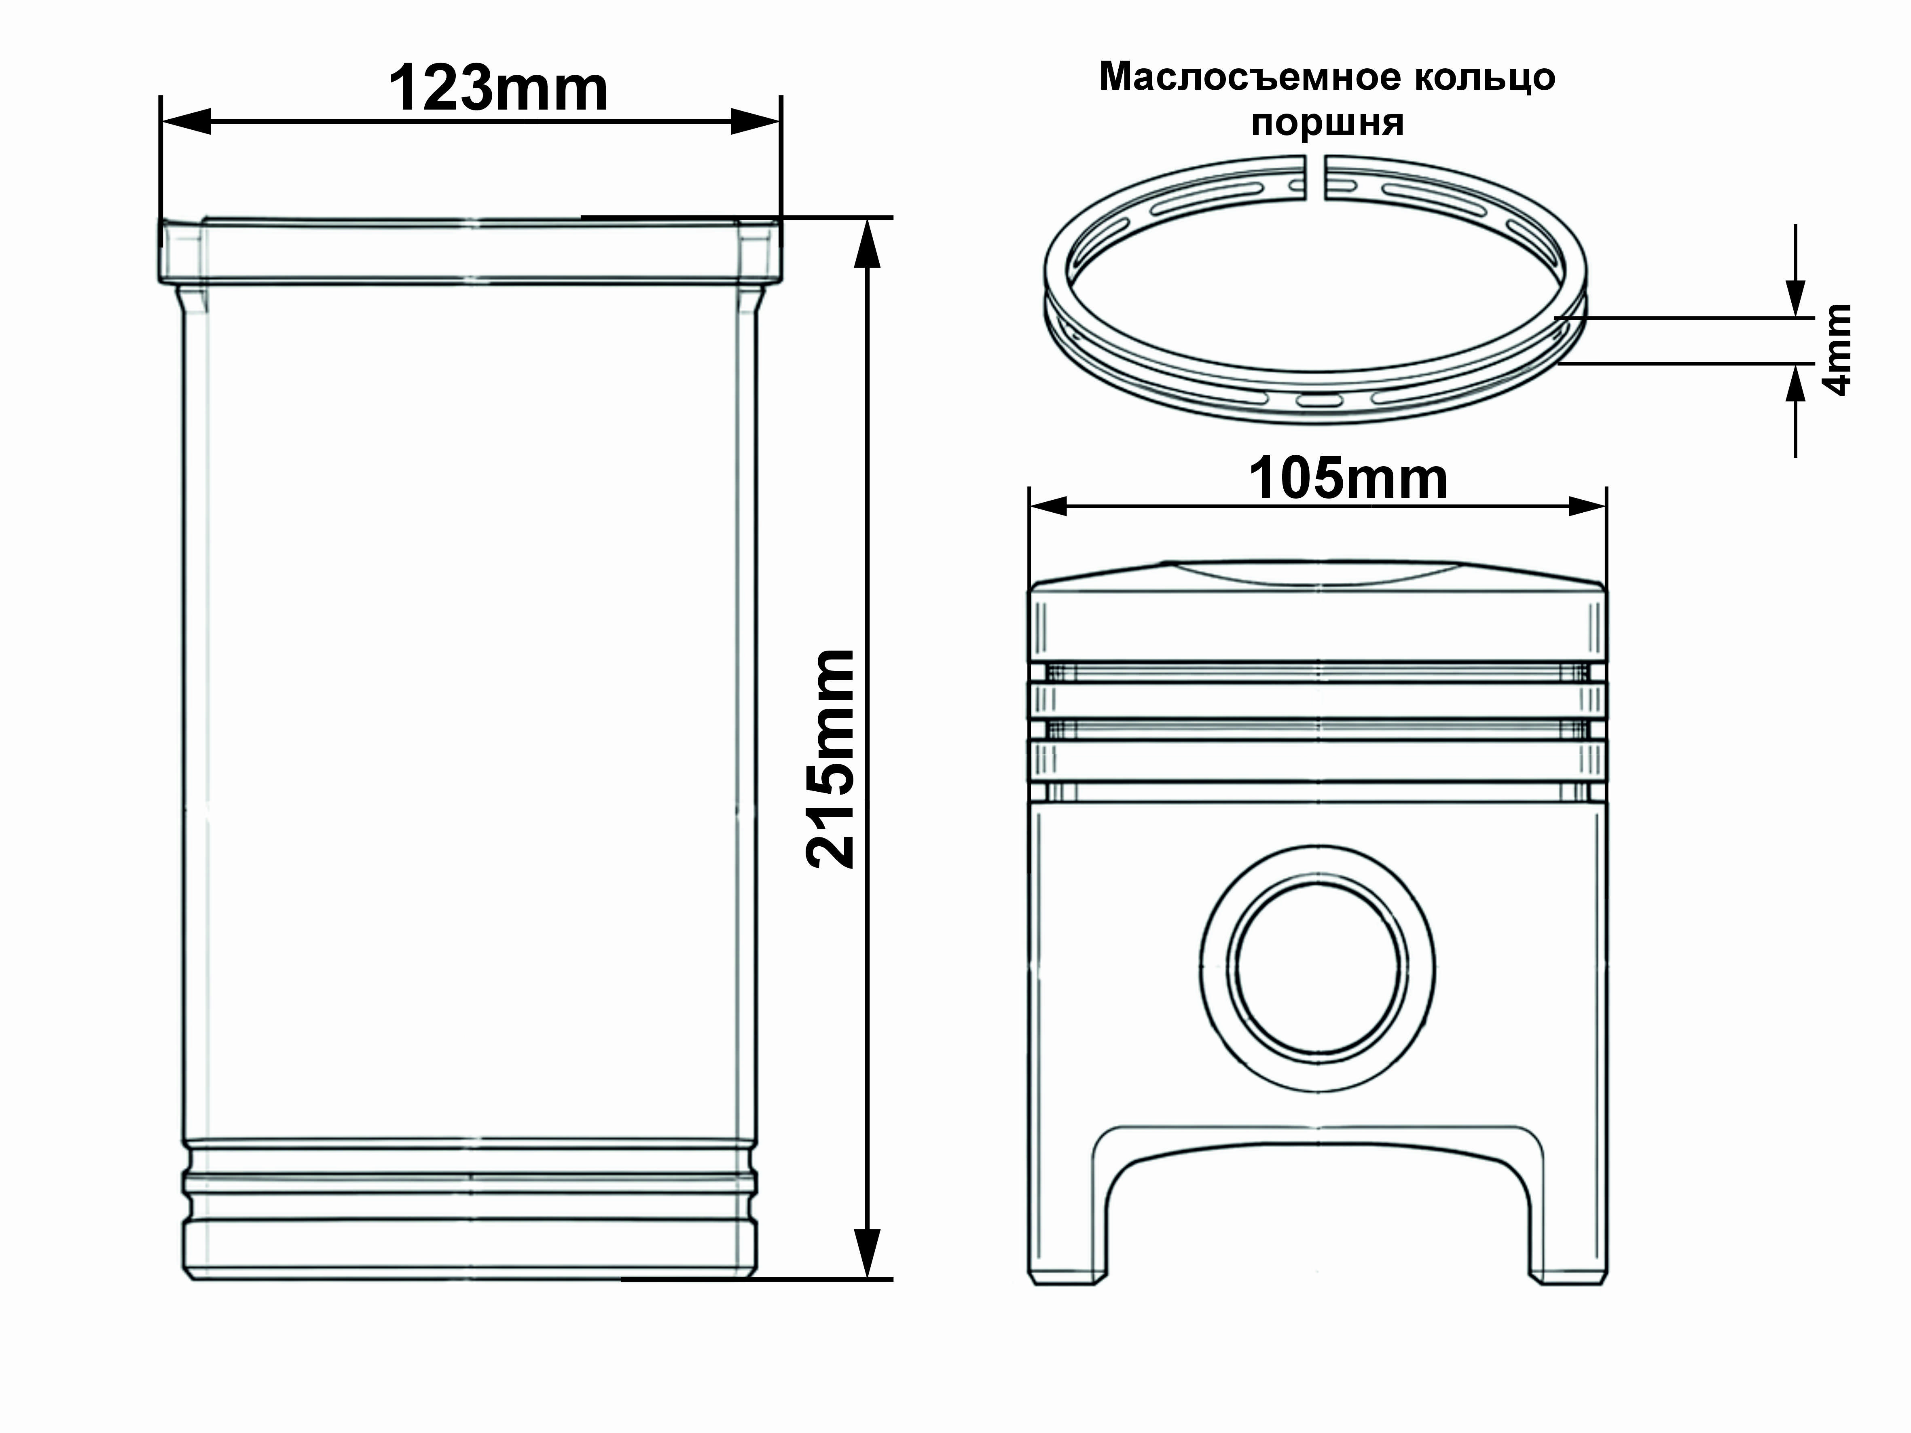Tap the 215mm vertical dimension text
click(831, 759)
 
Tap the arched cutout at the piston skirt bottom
click(1318, 1209)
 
